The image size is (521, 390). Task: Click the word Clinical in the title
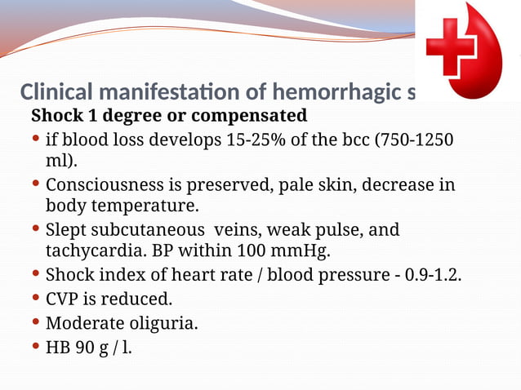tap(55, 91)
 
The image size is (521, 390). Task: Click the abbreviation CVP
tap(62, 299)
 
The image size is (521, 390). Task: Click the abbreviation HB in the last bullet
tap(57, 348)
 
